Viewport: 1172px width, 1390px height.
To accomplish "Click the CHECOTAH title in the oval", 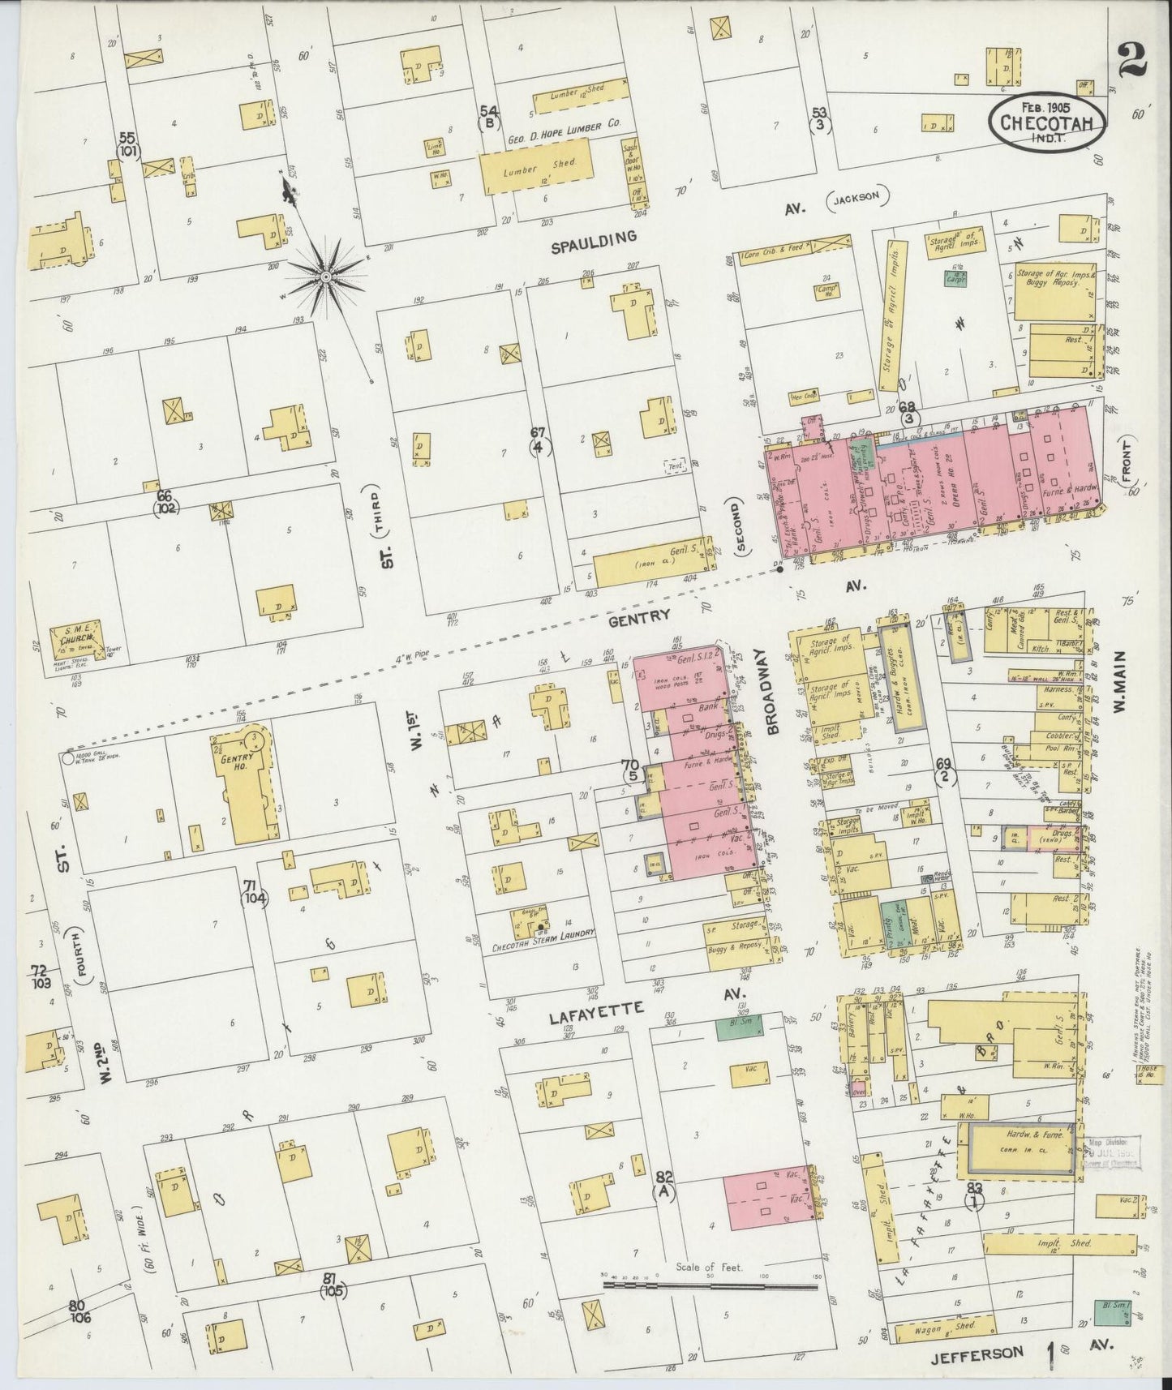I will (1046, 123).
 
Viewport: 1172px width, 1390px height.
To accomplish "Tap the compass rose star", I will (324, 277).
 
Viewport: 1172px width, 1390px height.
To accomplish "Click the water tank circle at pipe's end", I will (66, 758).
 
